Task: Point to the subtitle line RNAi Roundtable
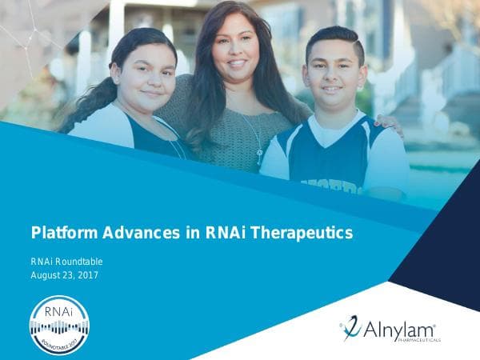(x=66, y=262)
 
